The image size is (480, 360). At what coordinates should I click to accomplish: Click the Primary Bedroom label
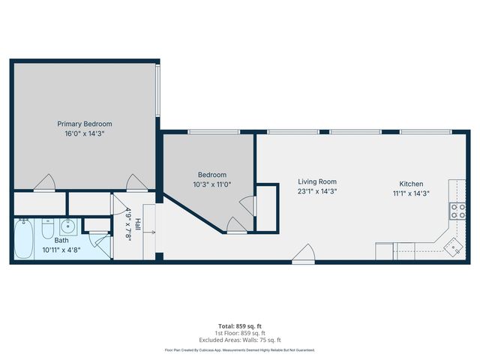pos(85,124)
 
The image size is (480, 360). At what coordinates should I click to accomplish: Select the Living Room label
pos(316,181)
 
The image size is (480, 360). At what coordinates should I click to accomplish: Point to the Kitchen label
pos(411,184)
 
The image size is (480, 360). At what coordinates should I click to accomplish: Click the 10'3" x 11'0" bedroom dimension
pos(211,184)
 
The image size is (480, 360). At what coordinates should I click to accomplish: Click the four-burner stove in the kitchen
pos(457,211)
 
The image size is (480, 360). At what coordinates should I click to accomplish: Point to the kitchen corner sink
pos(452,245)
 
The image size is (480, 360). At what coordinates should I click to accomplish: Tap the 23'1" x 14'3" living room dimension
pos(316,191)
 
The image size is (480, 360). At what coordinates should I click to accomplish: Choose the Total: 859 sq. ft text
pos(239,325)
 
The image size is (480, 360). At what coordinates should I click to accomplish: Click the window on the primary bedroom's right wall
pos(157,91)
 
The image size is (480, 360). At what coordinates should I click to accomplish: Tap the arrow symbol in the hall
pos(152,233)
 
